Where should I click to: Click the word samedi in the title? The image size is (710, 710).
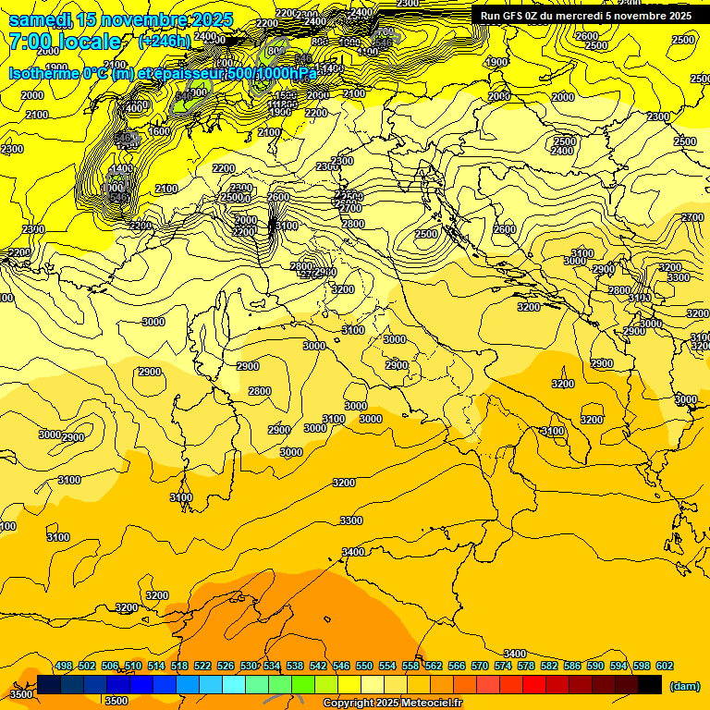pos(40,20)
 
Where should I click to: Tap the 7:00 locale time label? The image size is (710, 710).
pos(65,42)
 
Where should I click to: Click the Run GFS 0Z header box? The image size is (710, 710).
pos(585,15)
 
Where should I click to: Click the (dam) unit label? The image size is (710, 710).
pos(683,686)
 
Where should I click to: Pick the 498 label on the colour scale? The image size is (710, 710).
pos(64,666)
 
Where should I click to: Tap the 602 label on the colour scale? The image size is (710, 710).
pos(665,666)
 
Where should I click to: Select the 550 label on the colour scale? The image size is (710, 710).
pos(364,666)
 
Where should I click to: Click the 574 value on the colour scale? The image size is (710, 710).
pos(503,666)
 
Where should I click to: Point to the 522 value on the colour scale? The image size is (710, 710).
pos(202,666)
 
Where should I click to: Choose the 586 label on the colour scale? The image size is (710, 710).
pos(572,666)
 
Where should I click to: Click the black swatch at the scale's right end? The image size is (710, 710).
pos(650,684)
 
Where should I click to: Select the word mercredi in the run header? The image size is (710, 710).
pos(576,16)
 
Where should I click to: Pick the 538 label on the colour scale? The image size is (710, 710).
pos(295,666)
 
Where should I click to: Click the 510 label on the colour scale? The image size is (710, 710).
pos(133,666)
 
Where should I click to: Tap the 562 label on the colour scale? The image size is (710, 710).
pos(434,666)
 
